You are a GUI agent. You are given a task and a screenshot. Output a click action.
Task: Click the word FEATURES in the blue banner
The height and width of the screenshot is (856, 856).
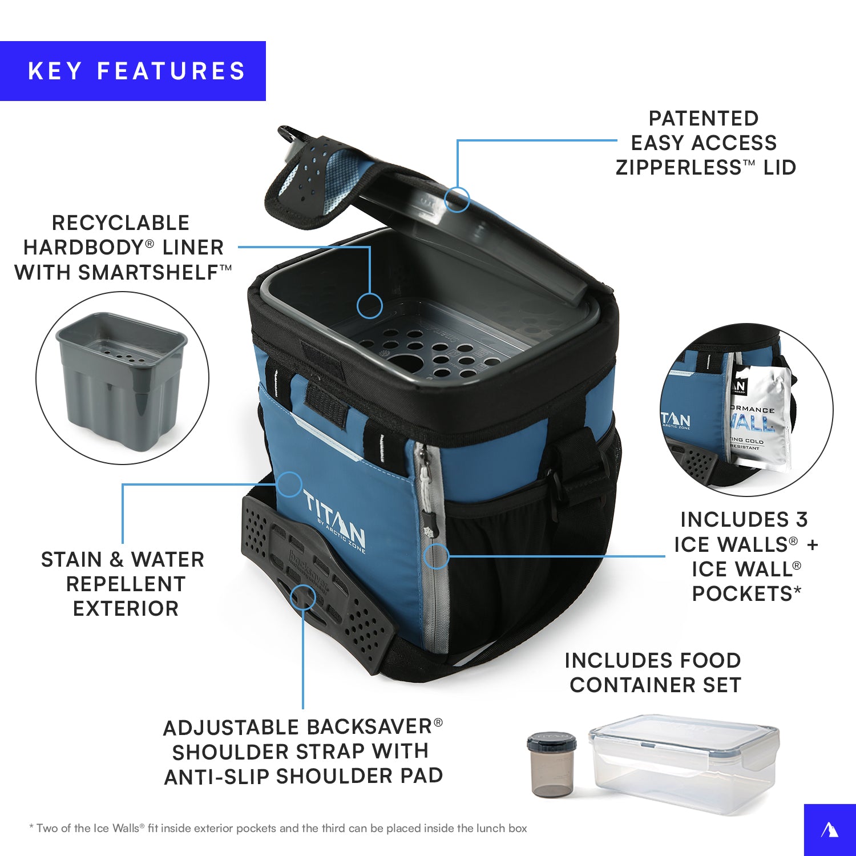pos(171,71)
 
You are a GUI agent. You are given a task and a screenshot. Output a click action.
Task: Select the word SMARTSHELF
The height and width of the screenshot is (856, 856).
pos(148,273)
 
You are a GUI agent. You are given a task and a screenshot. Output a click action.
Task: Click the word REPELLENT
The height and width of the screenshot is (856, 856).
pos(126,584)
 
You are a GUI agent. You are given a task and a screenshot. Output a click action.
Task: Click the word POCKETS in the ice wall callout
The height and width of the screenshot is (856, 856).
pos(742,594)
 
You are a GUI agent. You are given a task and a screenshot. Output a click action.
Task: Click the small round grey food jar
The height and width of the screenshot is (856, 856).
pos(551,765)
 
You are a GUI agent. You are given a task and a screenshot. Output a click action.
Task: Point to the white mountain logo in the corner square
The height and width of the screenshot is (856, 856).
pos(830,830)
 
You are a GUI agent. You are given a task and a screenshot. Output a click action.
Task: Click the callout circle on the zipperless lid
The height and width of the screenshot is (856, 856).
pos(457,200)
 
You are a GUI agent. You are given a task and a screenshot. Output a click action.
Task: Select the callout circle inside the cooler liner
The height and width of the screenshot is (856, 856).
pos(370,306)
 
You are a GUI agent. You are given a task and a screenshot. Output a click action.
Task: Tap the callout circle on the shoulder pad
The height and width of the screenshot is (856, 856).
pos(302,597)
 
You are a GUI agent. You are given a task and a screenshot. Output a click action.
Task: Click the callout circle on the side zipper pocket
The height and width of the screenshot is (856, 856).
pos(437,556)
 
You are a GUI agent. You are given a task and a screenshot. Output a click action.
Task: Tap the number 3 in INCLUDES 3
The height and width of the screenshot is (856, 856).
pos(802,520)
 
